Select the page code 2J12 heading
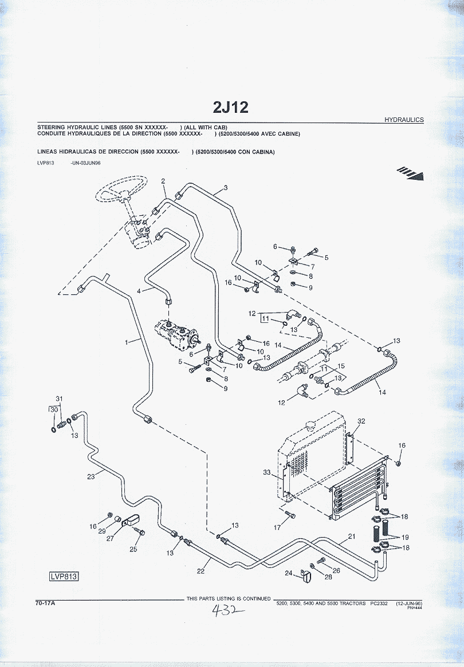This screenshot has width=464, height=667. coord(231,108)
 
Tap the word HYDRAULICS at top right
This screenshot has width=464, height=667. coord(404,120)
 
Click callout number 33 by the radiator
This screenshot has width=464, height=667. coord(266,472)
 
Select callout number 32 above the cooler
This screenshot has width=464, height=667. coord(361,421)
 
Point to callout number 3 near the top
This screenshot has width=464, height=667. coord(225,188)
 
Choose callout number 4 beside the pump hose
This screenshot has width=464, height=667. coord(138,291)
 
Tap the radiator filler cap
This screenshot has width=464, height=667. coord(312,427)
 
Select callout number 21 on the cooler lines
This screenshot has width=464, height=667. coord(352,536)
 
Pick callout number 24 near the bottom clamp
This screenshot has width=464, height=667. coord(289,573)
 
